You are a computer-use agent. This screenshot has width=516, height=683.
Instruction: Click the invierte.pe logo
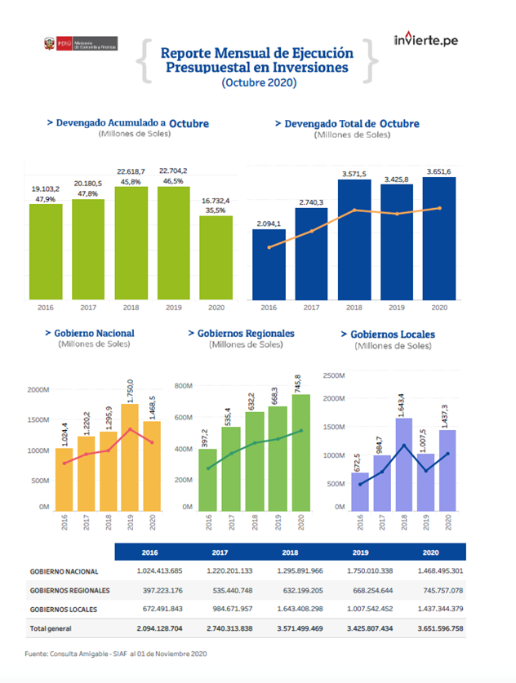pyautogui.click(x=425, y=42)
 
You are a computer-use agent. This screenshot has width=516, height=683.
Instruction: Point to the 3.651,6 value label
pyautogui.click(x=440, y=171)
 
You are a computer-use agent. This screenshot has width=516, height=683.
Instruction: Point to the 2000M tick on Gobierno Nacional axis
pyautogui.click(x=38, y=390)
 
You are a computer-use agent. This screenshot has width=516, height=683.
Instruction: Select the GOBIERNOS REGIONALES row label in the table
pyautogui.click(x=69, y=590)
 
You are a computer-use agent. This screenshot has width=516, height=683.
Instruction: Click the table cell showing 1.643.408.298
pyautogui.click(x=289, y=610)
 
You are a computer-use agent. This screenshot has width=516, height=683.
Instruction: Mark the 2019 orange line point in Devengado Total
pyautogui.click(x=398, y=214)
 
